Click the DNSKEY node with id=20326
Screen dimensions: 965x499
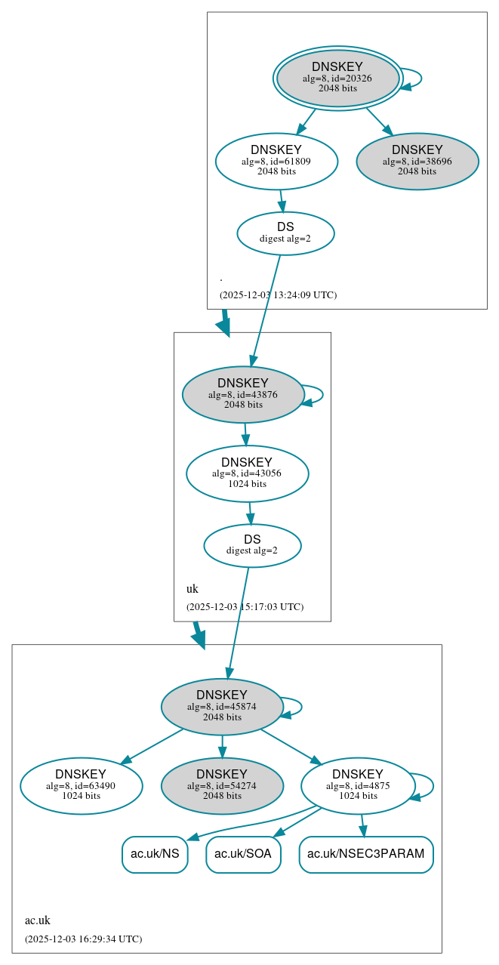(x=337, y=79)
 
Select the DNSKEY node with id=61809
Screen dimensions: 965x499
(x=276, y=162)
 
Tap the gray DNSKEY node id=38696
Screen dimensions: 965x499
(x=417, y=162)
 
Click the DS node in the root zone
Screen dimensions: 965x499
(x=285, y=233)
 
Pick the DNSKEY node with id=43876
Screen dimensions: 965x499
(x=243, y=395)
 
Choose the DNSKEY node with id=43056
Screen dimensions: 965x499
(x=247, y=474)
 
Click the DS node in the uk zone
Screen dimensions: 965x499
(x=252, y=545)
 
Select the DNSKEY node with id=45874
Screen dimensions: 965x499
(x=222, y=707)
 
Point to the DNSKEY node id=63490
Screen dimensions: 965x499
(x=81, y=786)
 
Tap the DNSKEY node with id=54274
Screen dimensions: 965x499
(x=222, y=786)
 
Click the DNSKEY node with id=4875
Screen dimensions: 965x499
(x=357, y=786)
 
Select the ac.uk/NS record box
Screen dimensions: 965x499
(x=155, y=854)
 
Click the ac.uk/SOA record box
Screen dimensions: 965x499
(x=243, y=854)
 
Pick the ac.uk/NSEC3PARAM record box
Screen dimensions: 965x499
(x=366, y=854)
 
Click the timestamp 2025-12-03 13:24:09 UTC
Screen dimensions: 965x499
(x=278, y=295)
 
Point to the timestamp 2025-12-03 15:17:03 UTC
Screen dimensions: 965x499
(x=245, y=607)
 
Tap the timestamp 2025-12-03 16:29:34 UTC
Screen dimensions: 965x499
(x=83, y=939)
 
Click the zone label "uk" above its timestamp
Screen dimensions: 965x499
(x=193, y=589)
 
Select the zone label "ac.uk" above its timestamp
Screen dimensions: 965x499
(x=38, y=920)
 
